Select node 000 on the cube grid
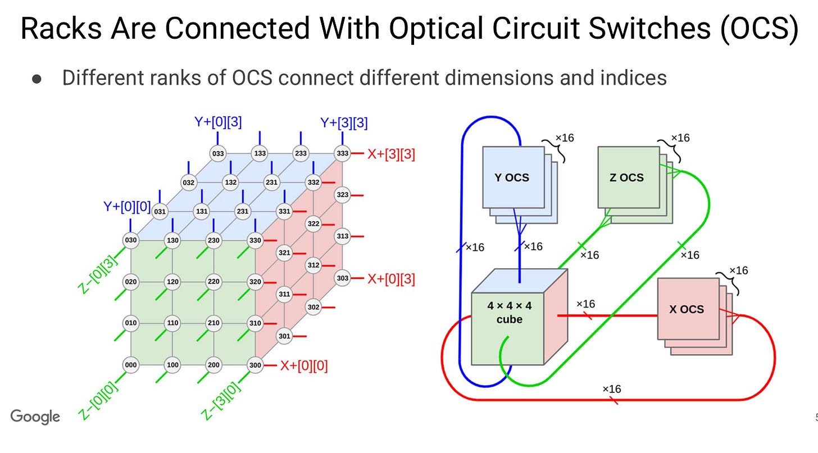pos(131,365)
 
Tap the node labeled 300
pos(256,365)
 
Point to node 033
pos(217,153)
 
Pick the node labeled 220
pos(213,282)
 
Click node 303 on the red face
pos(342,278)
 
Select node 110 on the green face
pos(172,323)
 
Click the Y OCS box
pos(512,177)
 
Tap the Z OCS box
pos(626,177)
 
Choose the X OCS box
pos(688,309)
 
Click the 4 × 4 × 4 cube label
pos(509,313)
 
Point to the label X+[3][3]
pos(391,154)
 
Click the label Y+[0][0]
pos(127,207)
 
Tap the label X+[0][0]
pos(304,366)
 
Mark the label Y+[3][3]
pos(344,123)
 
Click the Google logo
pos(35,417)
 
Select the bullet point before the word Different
pos(37,79)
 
